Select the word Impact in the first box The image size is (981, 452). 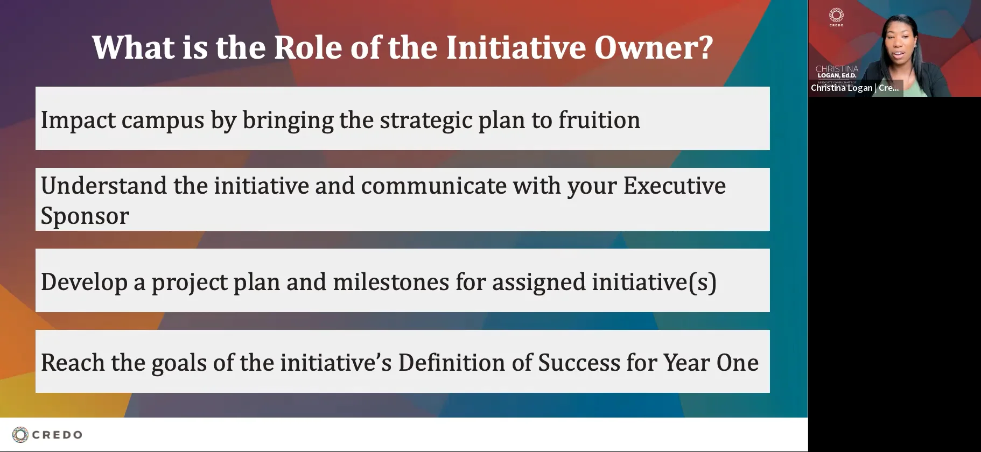[x=78, y=119]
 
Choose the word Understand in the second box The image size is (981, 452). [x=104, y=186]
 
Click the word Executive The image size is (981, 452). [x=674, y=186]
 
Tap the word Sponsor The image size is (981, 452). [x=85, y=216]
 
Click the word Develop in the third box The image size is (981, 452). [x=84, y=282]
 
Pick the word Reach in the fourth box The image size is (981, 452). [x=73, y=362]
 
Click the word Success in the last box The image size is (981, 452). [x=579, y=362]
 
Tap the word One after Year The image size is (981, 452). [x=737, y=362]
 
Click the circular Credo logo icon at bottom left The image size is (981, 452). [x=20, y=435]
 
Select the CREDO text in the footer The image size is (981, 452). [x=57, y=435]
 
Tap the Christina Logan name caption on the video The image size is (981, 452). [x=854, y=88]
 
